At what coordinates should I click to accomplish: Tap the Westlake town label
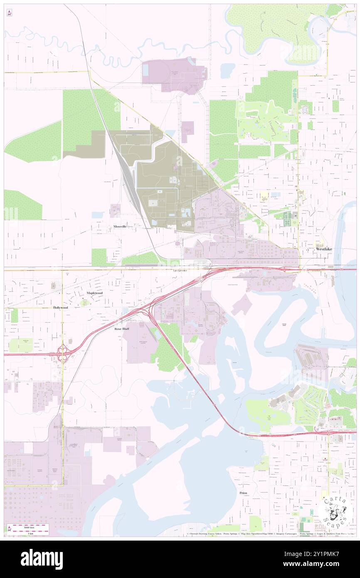[x=324, y=249]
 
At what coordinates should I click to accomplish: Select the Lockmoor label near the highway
[x=180, y=271]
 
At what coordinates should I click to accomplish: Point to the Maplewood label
[x=94, y=293]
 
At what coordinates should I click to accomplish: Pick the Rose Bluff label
[x=122, y=329]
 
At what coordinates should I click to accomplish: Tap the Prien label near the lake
[x=243, y=493]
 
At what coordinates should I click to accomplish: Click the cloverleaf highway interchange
[x=63, y=353]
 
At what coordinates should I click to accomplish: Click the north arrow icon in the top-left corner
[x=9, y=13]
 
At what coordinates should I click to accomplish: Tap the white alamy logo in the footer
[x=42, y=559]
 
